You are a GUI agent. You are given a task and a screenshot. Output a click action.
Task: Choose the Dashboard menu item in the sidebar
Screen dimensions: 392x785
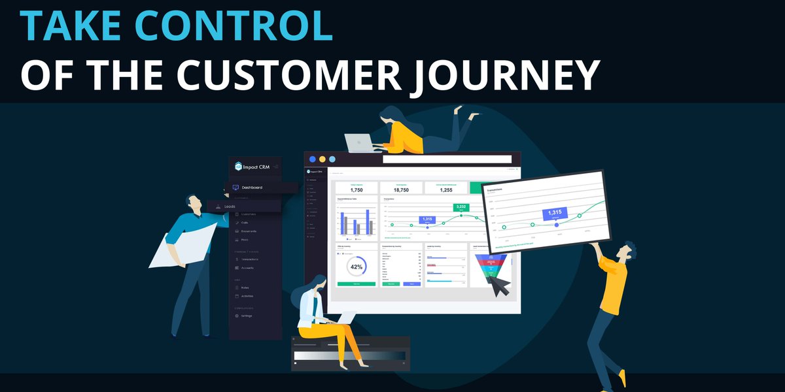251,188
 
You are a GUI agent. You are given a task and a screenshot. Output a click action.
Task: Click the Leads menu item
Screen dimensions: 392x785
230,206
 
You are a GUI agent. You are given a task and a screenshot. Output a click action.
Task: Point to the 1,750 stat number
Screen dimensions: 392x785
356,189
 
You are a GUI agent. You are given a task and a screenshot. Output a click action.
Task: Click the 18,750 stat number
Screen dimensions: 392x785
400,189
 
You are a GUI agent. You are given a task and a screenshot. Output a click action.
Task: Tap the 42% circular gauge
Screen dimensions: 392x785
357,267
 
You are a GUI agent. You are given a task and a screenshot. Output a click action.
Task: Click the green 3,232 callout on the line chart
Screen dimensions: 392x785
461,206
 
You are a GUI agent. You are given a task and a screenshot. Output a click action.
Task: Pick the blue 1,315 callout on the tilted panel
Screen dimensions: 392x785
555,212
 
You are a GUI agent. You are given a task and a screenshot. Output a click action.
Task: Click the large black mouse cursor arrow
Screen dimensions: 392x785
498,284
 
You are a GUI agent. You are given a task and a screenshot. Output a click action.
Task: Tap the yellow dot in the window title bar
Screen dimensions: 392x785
323,159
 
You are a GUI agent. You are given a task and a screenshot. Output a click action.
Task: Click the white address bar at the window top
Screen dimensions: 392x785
447,159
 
